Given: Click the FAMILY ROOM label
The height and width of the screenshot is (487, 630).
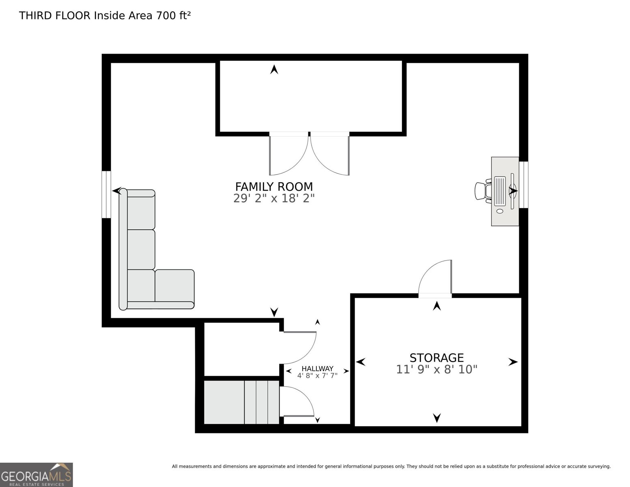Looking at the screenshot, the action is tap(274, 187).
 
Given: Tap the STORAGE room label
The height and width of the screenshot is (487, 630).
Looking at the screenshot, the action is tap(436, 358).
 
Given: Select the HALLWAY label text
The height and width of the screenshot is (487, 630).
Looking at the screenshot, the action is tap(317, 368).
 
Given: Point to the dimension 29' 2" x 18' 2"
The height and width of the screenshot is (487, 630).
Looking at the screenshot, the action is tap(274, 198).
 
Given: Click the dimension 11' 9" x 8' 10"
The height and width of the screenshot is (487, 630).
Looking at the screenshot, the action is tap(436, 370).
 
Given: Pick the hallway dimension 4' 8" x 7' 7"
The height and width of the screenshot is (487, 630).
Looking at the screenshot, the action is tap(317, 376).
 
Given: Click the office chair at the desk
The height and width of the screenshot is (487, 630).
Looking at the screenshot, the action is tap(483, 191).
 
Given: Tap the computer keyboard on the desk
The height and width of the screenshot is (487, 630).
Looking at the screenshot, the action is tap(499, 191).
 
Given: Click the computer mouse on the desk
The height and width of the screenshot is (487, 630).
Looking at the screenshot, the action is tap(499, 211).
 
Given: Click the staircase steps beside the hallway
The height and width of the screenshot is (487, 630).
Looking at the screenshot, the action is tap(241, 402).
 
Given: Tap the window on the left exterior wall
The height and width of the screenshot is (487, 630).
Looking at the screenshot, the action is tap(106, 194).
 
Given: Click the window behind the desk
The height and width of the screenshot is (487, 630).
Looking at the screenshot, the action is tap(523, 185).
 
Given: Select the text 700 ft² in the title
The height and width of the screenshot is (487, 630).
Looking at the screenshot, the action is tap(173, 16).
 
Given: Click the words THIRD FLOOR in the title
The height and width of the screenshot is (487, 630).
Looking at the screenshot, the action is tap(54, 16).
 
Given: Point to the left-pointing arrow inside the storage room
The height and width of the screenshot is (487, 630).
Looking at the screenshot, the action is tap(360, 362).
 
